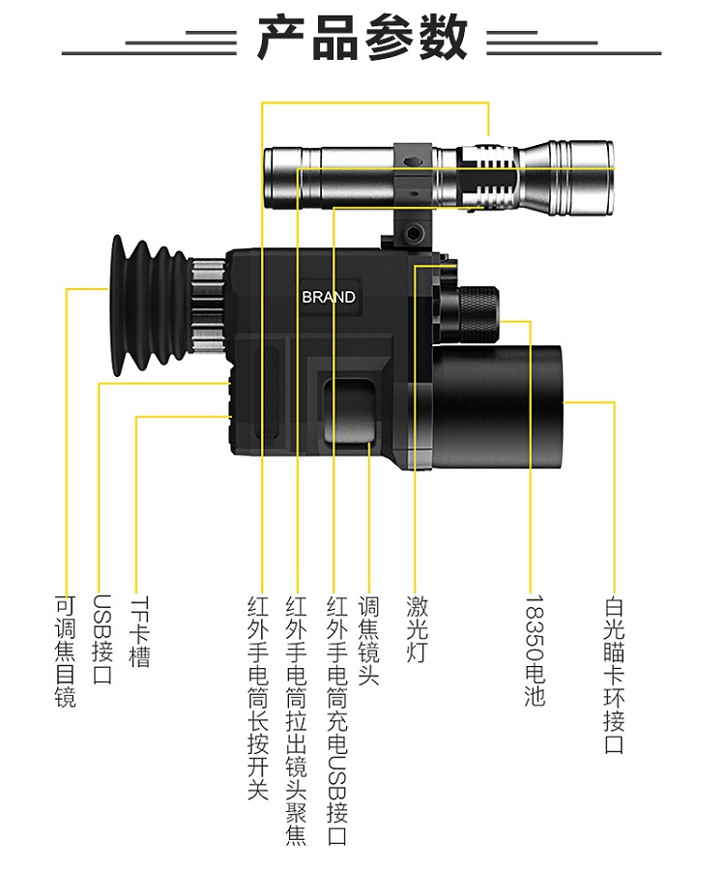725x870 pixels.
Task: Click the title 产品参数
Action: click(x=362, y=39)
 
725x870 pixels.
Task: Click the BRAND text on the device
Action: click(x=329, y=297)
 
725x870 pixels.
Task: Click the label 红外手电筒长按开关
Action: click(x=257, y=697)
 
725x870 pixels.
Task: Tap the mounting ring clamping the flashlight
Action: click(x=415, y=179)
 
